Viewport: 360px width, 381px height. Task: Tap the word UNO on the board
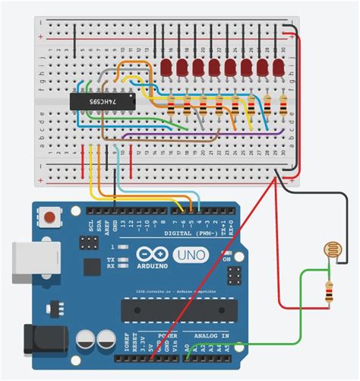click(191, 256)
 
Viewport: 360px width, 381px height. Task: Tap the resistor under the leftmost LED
click(169, 106)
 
